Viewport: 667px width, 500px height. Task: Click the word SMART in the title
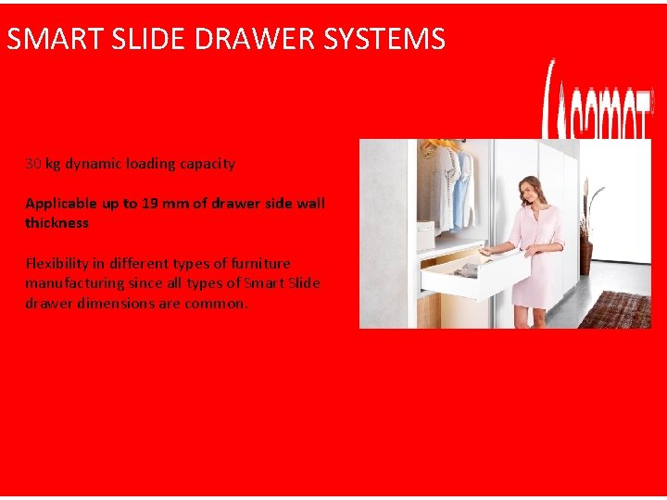(x=45, y=40)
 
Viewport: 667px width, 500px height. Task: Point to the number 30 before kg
(x=33, y=164)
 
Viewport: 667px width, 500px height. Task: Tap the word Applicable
(x=60, y=203)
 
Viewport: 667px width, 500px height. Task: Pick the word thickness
(x=57, y=223)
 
